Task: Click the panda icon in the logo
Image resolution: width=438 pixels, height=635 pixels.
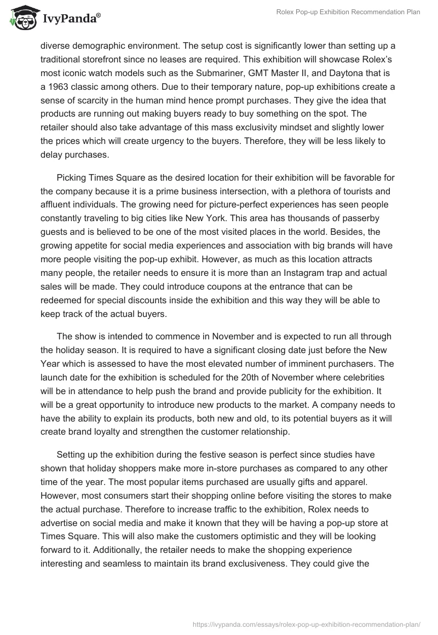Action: (21, 19)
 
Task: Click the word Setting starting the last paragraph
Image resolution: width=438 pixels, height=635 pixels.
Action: (72, 454)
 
